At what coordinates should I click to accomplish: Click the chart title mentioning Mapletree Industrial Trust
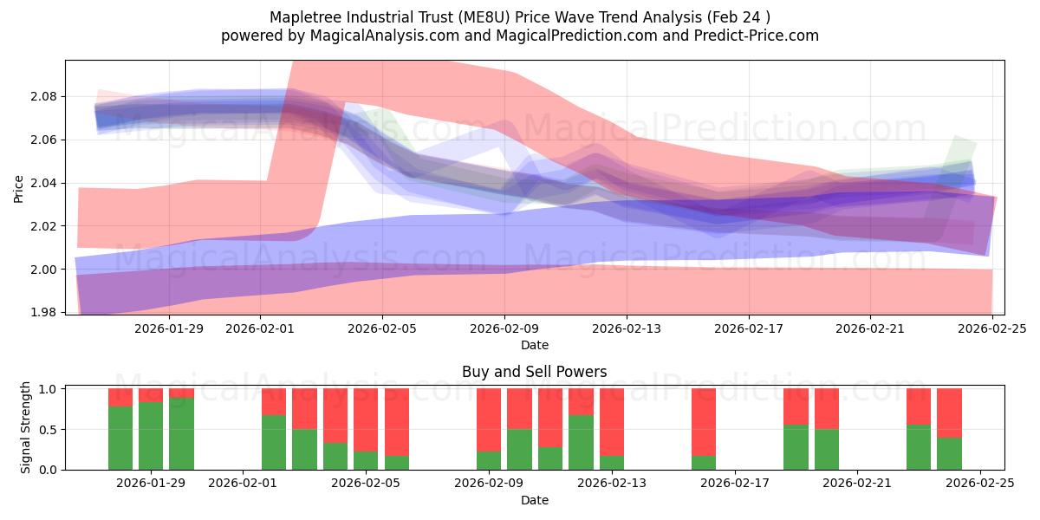tap(520, 17)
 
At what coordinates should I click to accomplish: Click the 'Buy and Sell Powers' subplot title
tap(534, 373)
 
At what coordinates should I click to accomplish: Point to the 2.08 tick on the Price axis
tap(43, 96)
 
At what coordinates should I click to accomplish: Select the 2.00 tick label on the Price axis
tap(43, 270)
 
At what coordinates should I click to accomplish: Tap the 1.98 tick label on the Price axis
tap(43, 312)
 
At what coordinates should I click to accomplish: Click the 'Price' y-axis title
tap(19, 187)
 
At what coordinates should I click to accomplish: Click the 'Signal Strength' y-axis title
tap(26, 427)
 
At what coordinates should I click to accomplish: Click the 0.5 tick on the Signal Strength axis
tap(48, 429)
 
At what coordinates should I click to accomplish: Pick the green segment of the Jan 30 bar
tap(181, 433)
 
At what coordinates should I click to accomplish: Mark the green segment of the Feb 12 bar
tap(581, 442)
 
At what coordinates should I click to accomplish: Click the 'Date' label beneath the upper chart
tap(534, 345)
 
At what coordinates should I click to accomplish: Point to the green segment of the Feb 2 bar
tap(274, 442)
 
